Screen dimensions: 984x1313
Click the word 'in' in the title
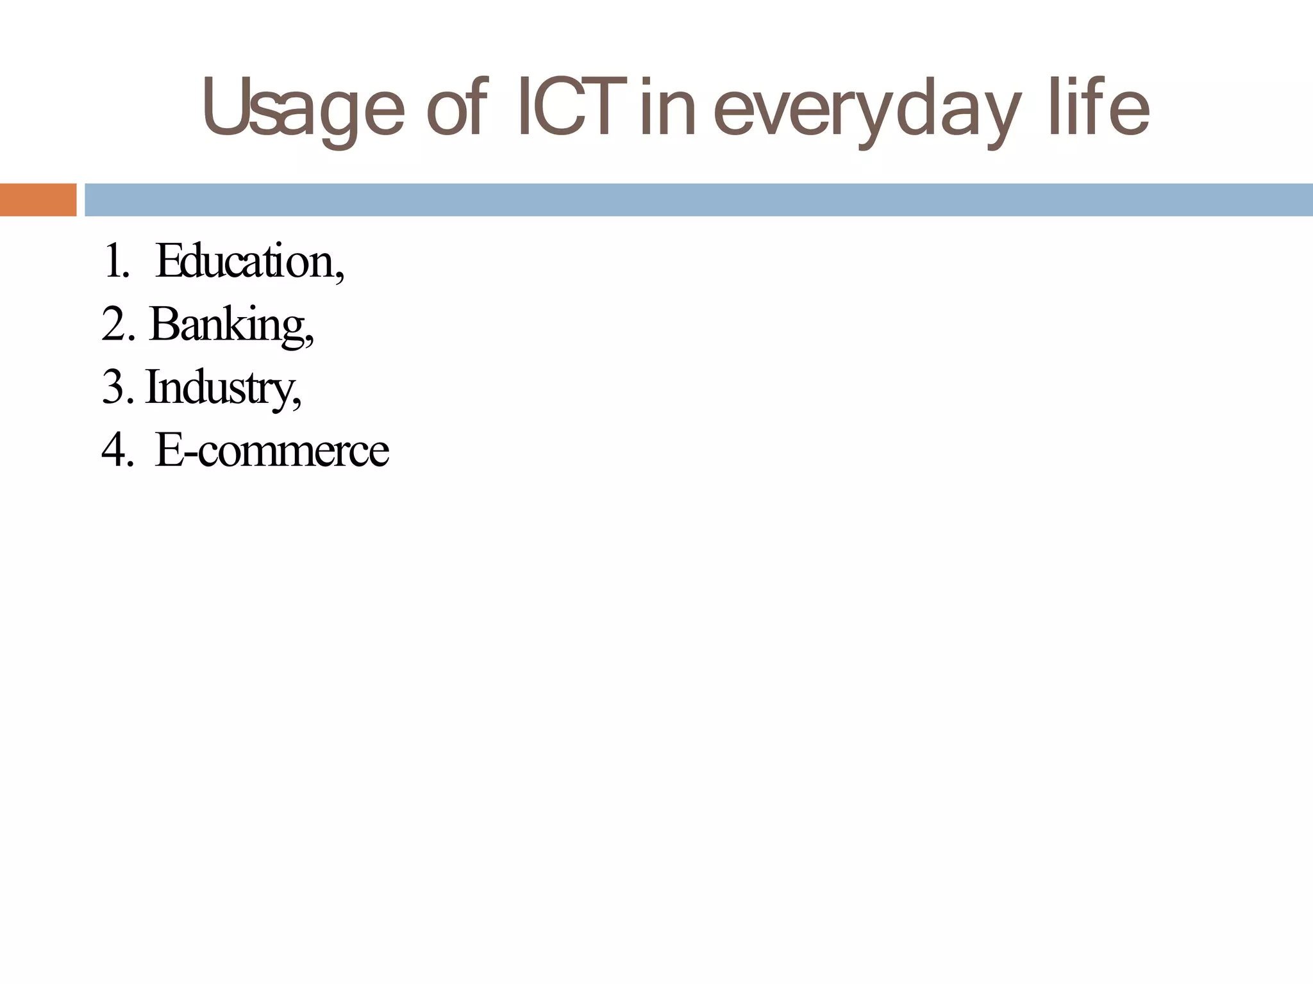coord(667,109)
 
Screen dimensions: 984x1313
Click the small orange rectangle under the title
coord(38,200)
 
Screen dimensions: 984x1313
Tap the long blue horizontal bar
coord(699,200)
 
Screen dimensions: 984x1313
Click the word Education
coord(244,261)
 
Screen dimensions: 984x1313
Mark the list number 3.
coord(117,387)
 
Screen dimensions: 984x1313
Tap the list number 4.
coord(117,450)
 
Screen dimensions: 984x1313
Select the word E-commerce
coord(272,450)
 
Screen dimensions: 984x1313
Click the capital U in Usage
coord(225,106)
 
